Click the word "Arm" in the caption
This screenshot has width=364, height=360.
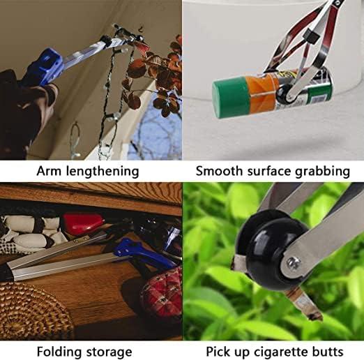pyautogui.click(x=49, y=171)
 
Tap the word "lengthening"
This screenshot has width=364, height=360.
pyautogui.click(x=103, y=172)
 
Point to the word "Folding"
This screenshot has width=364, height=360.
pyautogui.click(x=59, y=352)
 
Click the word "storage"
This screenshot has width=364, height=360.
pyautogui.click(x=109, y=353)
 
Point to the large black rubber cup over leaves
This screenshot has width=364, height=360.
pyautogui.click(x=267, y=249)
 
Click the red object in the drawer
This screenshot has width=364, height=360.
pyautogui.click(x=83, y=224)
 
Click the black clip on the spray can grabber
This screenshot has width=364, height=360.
pyautogui.click(x=311, y=36)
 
